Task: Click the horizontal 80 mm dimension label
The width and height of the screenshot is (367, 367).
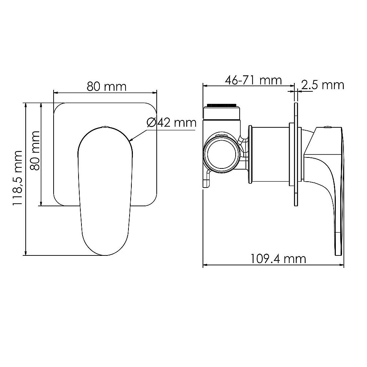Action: [x=106, y=87]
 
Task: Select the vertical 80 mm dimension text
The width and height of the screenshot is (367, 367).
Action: [x=36, y=150]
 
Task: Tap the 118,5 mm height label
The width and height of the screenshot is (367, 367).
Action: [x=18, y=178]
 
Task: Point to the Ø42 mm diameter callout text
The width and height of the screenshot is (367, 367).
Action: [x=171, y=122]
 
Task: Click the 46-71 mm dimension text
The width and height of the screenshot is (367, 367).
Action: [x=254, y=80]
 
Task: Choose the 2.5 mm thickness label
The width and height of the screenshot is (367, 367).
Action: [x=323, y=85]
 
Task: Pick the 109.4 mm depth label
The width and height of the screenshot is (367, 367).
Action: [x=278, y=259]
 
